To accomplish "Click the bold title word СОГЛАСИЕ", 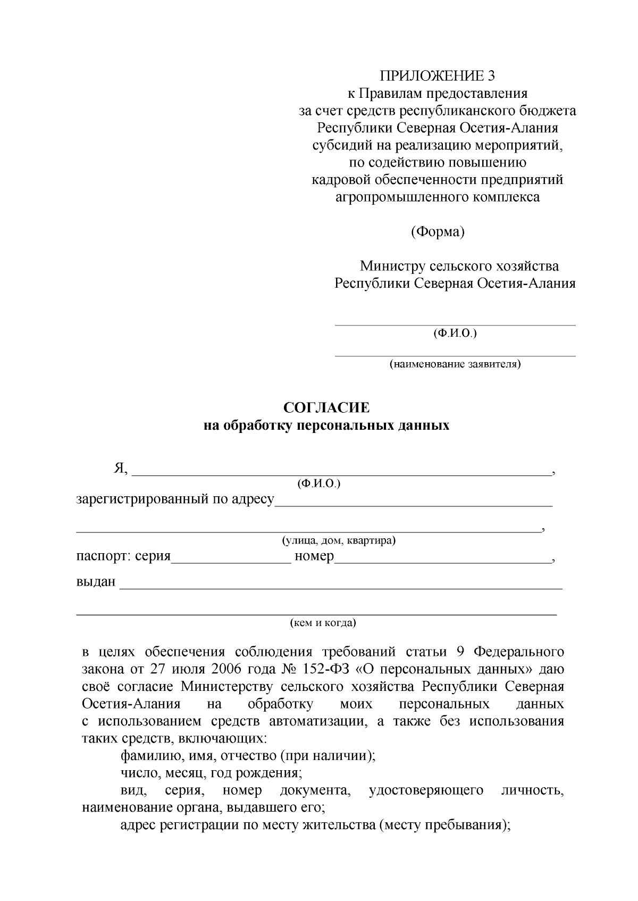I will click(x=326, y=408).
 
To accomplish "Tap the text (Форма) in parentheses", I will click(x=438, y=232).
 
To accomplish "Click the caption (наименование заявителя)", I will click(x=455, y=364).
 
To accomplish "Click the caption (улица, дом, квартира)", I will click(x=339, y=540).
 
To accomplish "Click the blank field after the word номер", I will click(x=442, y=557).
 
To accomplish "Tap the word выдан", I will click(x=96, y=582).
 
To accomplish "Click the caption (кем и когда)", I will click(x=323, y=623).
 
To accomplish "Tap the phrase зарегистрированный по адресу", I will click(x=175, y=499).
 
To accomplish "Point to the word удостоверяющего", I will click(x=426, y=790).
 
